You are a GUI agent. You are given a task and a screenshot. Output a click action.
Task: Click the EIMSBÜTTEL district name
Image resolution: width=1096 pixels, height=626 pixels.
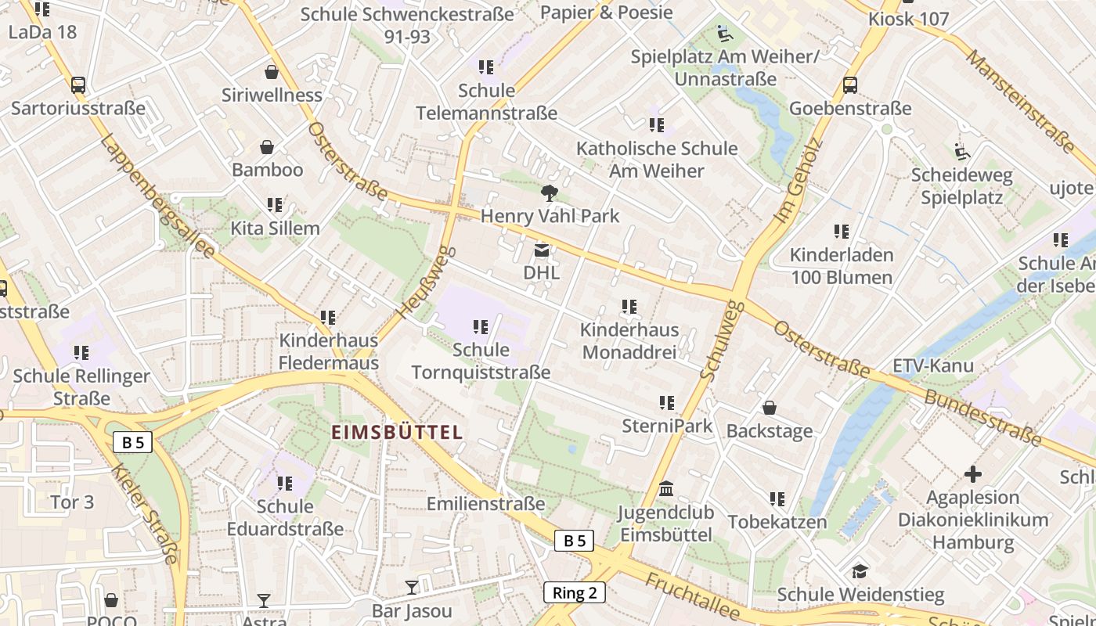pyautogui.click(x=397, y=432)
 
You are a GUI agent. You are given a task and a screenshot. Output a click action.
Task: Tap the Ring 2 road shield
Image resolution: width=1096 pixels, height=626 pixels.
pyautogui.click(x=575, y=592)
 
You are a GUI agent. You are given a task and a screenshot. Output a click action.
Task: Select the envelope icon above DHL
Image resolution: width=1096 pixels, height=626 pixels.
pyautogui.click(x=541, y=250)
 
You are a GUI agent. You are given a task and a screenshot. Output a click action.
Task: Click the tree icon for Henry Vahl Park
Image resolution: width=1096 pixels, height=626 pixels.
pyautogui.click(x=550, y=192)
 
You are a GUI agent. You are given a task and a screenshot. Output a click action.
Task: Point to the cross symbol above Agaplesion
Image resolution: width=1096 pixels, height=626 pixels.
pyautogui.click(x=973, y=474)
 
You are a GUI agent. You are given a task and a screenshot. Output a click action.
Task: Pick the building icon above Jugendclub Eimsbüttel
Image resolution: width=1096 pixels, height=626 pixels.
pyautogui.click(x=666, y=489)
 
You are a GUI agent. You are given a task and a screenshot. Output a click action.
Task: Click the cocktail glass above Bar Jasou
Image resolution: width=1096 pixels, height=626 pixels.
pyautogui.click(x=412, y=587)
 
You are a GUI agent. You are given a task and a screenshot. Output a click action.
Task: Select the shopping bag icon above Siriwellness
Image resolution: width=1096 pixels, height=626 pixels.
pyautogui.click(x=272, y=72)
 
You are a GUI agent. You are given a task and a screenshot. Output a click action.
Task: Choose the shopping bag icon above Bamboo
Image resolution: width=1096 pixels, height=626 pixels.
pyautogui.click(x=267, y=147)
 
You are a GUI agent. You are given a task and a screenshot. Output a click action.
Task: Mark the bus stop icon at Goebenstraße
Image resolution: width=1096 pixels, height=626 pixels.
pyautogui.click(x=850, y=85)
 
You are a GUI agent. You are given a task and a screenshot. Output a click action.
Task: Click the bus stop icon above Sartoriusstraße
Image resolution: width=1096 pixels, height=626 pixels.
pyautogui.click(x=78, y=85)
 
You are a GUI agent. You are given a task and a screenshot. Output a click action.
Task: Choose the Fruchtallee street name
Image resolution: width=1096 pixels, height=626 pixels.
pyautogui.click(x=692, y=596)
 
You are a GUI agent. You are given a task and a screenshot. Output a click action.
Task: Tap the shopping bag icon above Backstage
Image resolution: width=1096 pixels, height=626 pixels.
pyautogui.click(x=770, y=408)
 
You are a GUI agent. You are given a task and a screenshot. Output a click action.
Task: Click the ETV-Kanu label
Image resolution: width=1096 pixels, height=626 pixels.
pyautogui.click(x=933, y=365)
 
